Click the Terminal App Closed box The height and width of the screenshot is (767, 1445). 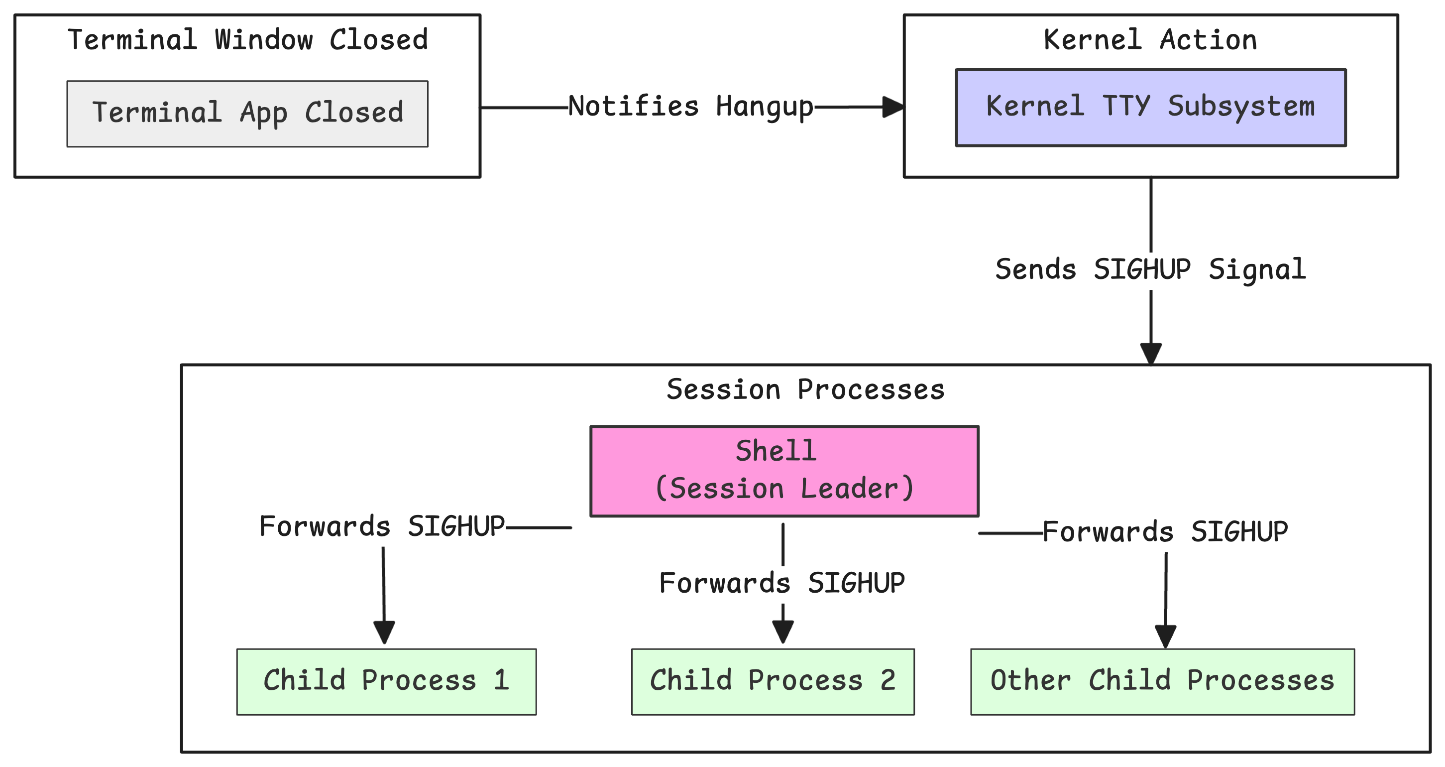(x=247, y=114)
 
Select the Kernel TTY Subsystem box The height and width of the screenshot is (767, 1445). (x=1150, y=107)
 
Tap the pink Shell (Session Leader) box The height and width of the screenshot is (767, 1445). (x=783, y=470)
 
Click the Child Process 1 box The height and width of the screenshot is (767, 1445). (x=386, y=681)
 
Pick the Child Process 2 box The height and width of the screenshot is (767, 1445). (x=773, y=681)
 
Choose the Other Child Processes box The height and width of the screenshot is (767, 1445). (x=1162, y=681)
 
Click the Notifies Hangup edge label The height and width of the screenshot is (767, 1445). (x=690, y=107)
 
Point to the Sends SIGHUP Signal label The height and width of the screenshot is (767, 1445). (x=1150, y=269)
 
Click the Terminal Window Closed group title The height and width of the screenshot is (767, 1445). (x=247, y=40)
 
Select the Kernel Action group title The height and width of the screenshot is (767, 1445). (x=1150, y=40)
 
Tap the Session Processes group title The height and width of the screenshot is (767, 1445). (x=805, y=389)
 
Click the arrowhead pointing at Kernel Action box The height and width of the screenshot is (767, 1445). (x=892, y=107)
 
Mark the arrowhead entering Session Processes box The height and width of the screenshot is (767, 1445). (x=1150, y=354)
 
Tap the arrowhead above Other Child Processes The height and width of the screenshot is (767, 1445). (x=1165, y=637)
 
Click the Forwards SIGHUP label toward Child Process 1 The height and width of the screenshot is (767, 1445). (x=381, y=527)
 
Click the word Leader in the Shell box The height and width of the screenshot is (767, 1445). (x=857, y=488)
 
